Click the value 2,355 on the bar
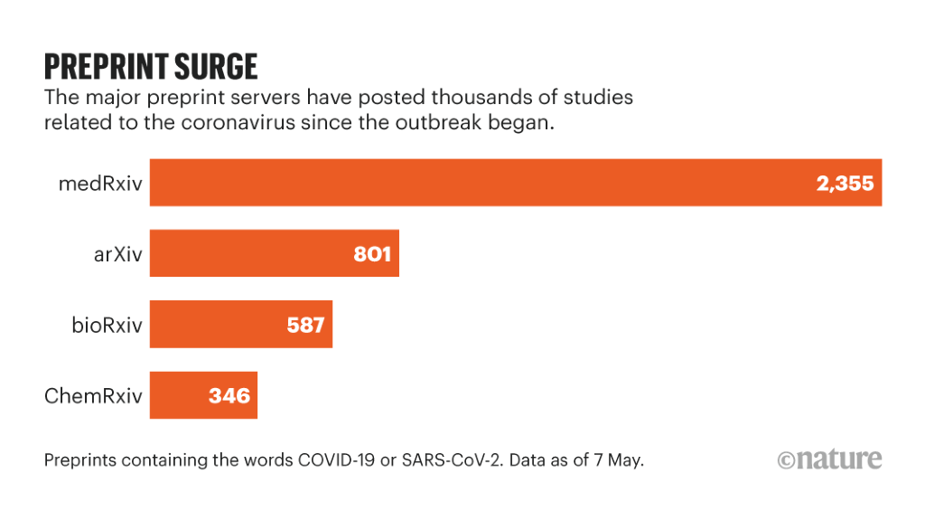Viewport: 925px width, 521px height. click(845, 184)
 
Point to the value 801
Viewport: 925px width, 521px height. click(372, 254)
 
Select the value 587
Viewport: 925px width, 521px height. click(305, 325)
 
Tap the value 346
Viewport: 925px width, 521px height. click(229, 395)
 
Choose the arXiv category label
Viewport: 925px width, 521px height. click(118, 254)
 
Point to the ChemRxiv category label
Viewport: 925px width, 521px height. click(94, 395)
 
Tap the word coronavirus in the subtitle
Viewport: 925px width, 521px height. click(242, 123)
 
